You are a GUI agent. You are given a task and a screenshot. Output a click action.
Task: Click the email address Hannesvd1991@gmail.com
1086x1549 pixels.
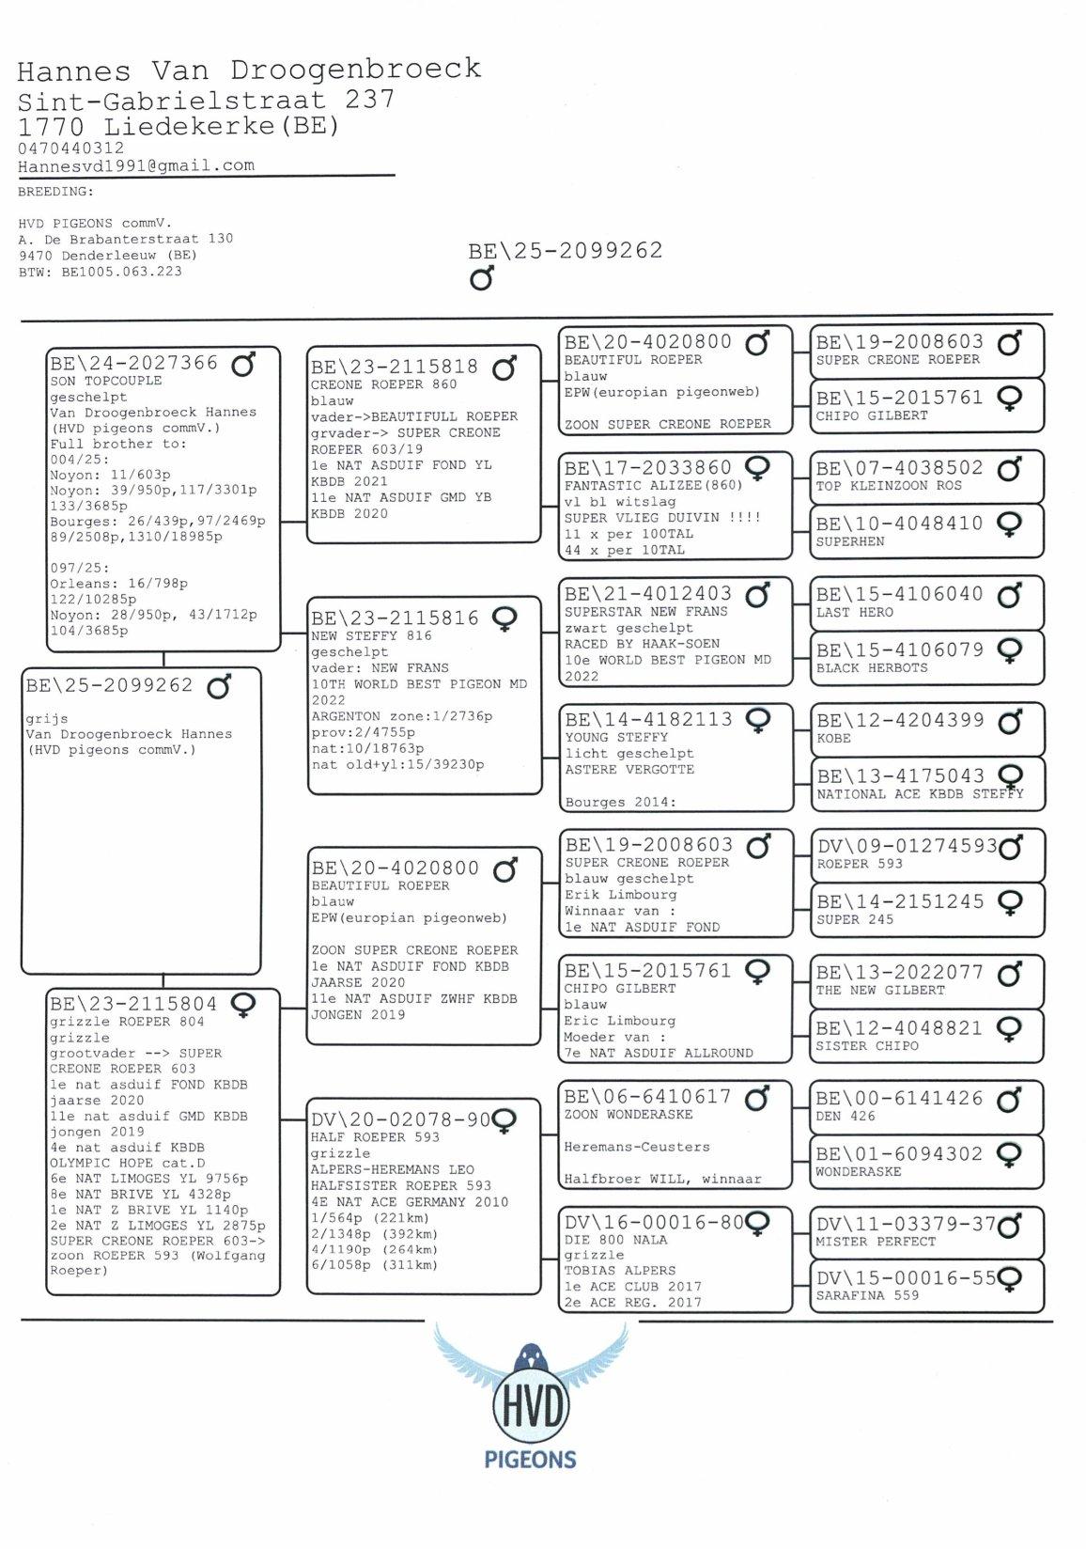pyautogui.click(x=136, y=165)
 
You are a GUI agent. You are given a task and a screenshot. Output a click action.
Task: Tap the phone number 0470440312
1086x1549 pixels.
pyautogui.click(x=70, y=148)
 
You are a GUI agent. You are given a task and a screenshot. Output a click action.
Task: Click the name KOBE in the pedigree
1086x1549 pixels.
pyautogui.click(x=833, y=739)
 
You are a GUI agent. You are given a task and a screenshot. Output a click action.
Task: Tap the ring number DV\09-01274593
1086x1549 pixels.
pyautogui.click(x=907, y=846)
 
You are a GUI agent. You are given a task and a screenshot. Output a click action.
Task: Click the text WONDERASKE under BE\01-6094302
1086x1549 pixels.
pyautogui.click(x=858, y=1172)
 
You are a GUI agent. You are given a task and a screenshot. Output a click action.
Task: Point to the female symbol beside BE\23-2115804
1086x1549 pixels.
pyautogui.click(x=243, y=1005)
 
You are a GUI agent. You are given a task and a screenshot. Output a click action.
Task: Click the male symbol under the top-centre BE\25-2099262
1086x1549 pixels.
pyautogui.click(x=482, y=278)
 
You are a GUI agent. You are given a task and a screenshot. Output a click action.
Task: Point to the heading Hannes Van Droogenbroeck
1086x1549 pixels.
pyautogui.click(x=249, y=70)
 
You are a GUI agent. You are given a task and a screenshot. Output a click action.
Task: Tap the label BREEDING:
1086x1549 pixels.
pyautogui.click(x=55, y=192)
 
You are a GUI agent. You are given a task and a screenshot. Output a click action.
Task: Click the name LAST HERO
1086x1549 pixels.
pyautogui.click(x=854, y=613)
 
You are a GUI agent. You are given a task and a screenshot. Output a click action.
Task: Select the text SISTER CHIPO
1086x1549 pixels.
pyautogui.click(x=867, y=1046)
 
